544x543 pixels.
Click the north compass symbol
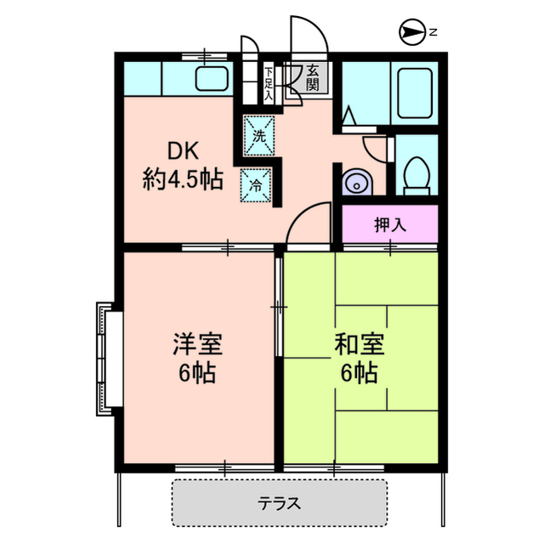coord(411,33)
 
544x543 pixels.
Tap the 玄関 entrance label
coord(313,77)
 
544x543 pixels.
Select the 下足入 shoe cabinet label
coord(269,83)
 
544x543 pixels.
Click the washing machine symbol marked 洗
coord(260,134)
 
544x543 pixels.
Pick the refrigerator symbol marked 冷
coord(256,185)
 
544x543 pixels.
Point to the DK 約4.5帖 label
coord(182,167)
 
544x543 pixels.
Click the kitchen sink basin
coord(212,79)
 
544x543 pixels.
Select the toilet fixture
coord(416,175)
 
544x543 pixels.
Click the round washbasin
coord(355,181)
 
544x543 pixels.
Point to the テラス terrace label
coord(280,503)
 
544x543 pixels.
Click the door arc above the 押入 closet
coord(308,223)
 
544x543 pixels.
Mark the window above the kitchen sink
coord(205,56)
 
